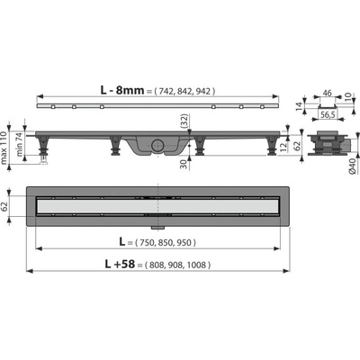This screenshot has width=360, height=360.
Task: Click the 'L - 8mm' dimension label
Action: click(x=122, y=90)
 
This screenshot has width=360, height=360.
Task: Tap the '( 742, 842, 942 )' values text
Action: click(x=184, y=91)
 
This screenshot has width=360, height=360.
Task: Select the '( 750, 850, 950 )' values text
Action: click(x=166, y=243)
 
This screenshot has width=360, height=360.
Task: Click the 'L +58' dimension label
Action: click(x=120, y=264)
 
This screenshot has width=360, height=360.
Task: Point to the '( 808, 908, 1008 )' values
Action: click(x=177, y=265)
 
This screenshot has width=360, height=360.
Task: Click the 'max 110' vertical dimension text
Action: click(x=4, y=148)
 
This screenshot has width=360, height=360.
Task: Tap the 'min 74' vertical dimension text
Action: click(x=19, y=145)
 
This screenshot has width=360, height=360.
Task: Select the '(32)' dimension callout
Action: click(x=184, y=121)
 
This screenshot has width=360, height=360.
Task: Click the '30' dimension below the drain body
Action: click(x=184, y=164)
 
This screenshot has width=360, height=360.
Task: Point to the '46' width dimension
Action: click(x=327, y=93)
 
